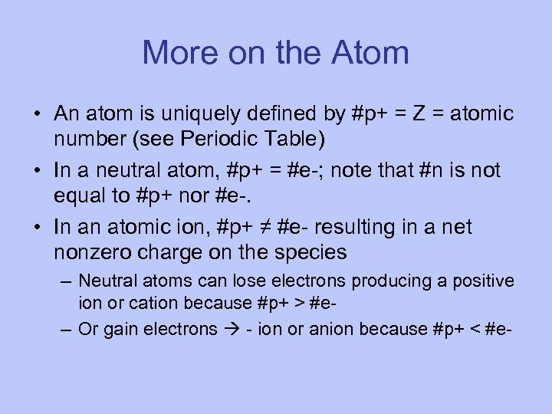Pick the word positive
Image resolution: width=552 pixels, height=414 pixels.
tap(483, 281)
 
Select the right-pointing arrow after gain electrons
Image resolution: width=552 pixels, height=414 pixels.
tap(230, 329)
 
